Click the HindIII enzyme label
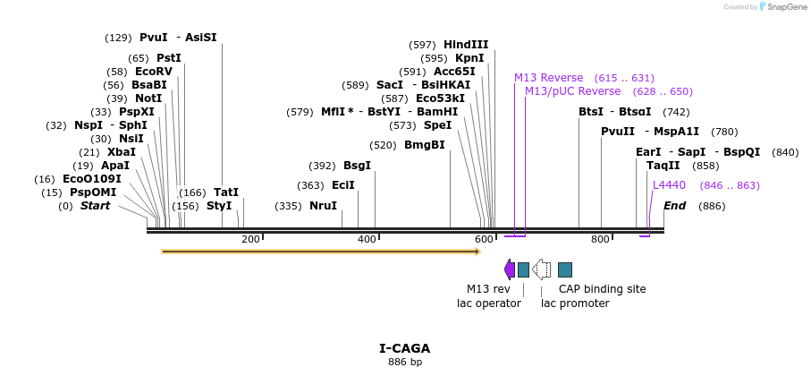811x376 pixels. click(466, 45)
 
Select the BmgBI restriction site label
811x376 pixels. click(424, 145)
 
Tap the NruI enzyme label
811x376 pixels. click(323, 206)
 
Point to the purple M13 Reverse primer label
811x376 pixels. click(548, 78)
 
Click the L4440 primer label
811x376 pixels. click(669, 185)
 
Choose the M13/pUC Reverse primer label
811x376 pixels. click(572, 91)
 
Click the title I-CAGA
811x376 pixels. click(404, 348)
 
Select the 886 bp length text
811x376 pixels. click(404, 363)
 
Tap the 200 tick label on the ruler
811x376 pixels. click(250, 239)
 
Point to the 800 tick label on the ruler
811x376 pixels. click(600, 239)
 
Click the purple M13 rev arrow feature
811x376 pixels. click(510, 269)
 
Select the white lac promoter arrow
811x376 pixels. click(541, 269)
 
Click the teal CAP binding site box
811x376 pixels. click(565, 269)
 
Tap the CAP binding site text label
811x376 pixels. click(602, 289)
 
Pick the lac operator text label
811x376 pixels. click(488, 303)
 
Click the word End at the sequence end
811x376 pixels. click(674, 206)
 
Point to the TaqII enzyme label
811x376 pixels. click(663, 166)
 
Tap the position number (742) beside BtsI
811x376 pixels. click(676, 112)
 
